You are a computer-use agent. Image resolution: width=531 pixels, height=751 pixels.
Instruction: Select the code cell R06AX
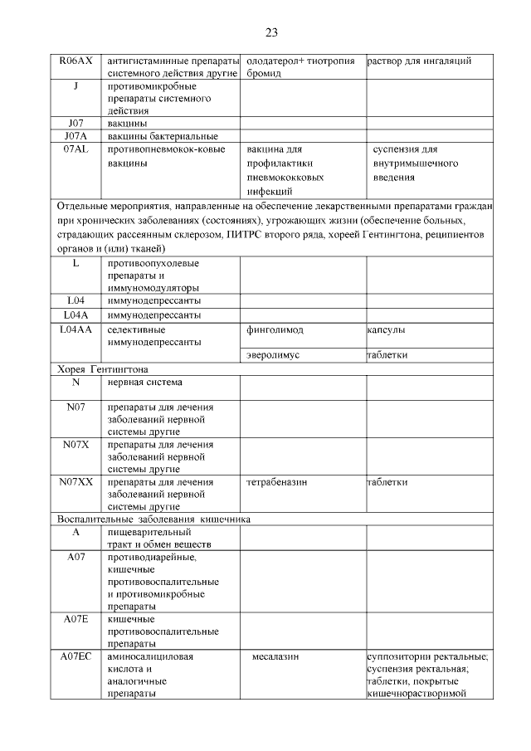(76, 61)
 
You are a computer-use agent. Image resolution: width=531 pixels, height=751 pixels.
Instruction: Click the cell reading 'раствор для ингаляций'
(419, 61)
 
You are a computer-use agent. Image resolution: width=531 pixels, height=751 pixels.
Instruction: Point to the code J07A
(76, 136)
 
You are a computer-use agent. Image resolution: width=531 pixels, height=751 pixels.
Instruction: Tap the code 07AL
(76, 149)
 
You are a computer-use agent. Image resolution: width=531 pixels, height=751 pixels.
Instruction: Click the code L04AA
(76, 330)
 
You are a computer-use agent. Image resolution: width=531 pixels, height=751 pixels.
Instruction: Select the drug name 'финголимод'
(275, 330)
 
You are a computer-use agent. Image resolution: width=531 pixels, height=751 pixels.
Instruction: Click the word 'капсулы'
(386, 330)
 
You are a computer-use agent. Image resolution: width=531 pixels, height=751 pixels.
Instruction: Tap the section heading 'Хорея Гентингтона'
(107, 368)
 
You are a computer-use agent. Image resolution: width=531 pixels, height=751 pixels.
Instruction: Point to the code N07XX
(76, 482)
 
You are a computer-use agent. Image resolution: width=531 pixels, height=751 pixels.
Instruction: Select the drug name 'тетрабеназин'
(279, 482)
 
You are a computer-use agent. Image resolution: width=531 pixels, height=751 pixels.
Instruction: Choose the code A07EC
(76, 657)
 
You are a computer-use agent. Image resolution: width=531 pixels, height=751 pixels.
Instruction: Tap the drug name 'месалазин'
(275, 657)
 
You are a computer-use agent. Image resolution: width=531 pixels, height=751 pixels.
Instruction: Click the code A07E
(76, 619)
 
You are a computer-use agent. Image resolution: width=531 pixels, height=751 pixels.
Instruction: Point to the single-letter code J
(76, 85)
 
